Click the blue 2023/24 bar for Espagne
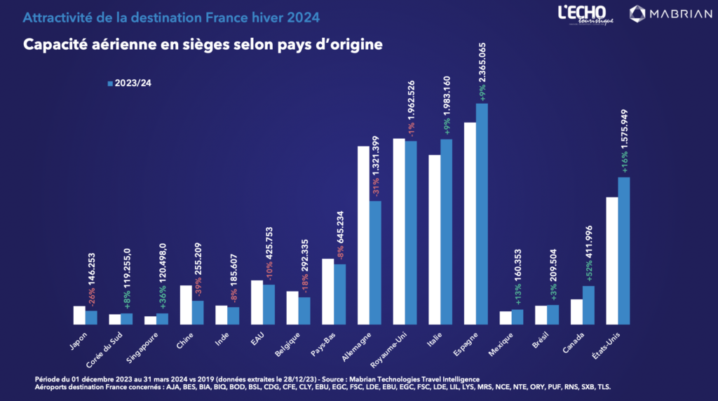coord(482,214)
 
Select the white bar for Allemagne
coord(364,236)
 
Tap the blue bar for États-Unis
coord(623,251)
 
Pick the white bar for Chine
coord(186,305)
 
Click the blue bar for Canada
coord(588,306)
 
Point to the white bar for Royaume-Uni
coord(399,231)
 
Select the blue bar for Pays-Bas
coord(340,294)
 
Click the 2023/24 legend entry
coord(129,83)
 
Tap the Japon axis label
coord(79,341)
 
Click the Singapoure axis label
coord(142,348)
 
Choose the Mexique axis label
coord(501,345)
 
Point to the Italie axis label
coord(435,340)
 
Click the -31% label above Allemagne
coord(376,186)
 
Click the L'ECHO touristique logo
coord(585,15)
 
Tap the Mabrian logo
coord(670,14)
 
